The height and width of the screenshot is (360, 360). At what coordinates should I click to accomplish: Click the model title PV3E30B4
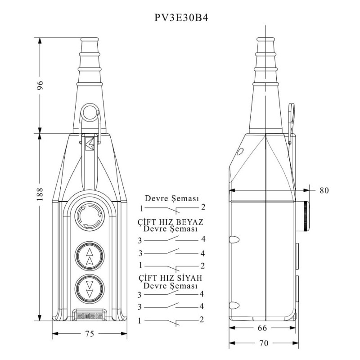180,18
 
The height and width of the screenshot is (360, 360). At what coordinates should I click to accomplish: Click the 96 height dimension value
40,85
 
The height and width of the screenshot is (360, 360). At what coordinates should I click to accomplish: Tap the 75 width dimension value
90,333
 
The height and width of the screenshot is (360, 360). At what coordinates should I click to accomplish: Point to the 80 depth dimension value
324,190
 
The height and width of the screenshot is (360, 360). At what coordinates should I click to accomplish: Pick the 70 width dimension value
264,343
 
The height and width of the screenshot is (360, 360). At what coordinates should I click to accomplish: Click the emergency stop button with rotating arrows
89,217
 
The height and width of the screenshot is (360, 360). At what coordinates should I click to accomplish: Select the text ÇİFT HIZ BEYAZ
171,222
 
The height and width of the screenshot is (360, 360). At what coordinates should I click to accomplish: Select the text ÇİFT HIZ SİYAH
170,278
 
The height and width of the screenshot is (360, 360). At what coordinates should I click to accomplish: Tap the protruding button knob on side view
305,216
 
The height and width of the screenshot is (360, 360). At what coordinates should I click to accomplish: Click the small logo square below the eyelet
89,143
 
